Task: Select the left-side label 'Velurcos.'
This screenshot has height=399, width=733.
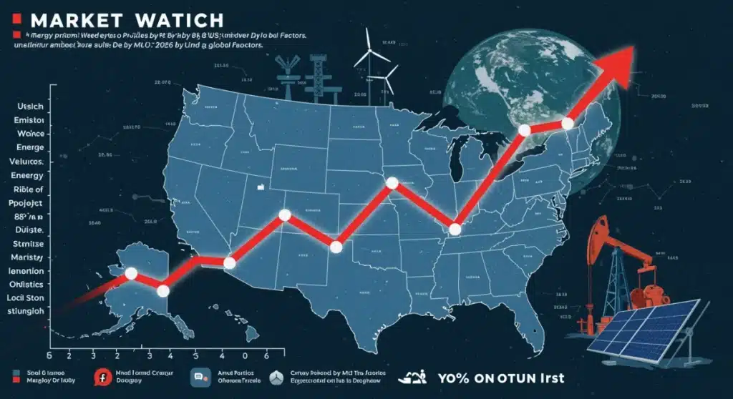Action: click(x=29, y=163)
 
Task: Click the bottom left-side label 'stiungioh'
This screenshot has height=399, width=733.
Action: click(x=29, y=311)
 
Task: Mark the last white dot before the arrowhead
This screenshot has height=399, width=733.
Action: click(x=567, y=123)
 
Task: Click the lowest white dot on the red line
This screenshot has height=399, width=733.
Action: click(x=162, y=290)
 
